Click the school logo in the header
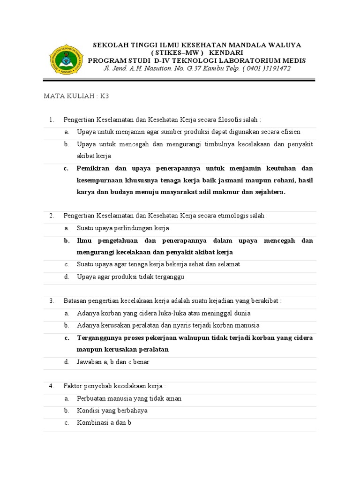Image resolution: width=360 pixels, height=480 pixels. tap(66, 60)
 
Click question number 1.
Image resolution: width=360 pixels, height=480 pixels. tap(52, 120)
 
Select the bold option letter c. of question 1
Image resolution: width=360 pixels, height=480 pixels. tap(67, 168)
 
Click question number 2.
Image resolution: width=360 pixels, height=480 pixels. tap(52, 216)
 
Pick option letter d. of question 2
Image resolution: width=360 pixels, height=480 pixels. tap(67, 277)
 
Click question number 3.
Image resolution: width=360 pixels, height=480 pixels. tap(52, 301)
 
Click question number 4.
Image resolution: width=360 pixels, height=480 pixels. tap(52, 386)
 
